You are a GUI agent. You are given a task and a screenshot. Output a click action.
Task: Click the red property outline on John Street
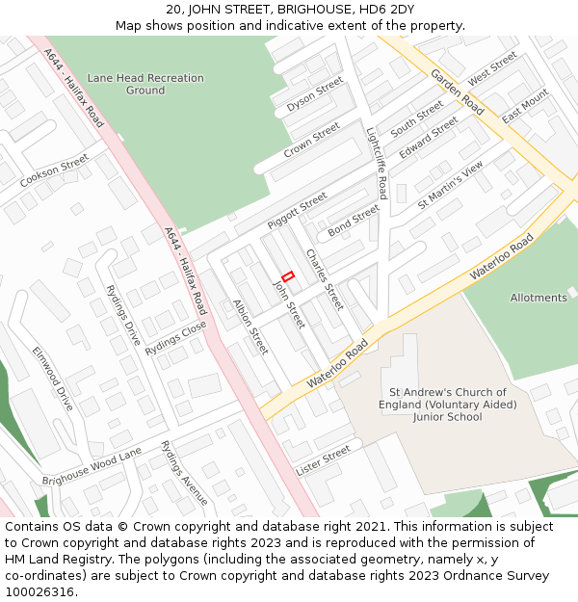point(287,276)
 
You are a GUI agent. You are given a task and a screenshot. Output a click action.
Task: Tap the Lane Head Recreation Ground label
point(145,84)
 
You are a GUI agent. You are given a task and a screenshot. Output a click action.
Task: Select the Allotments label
point(539,298)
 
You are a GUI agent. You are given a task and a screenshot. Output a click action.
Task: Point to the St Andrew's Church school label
point(447,405)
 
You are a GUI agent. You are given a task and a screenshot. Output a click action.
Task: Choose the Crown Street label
point(311,141)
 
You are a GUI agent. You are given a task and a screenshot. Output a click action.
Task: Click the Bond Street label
point(354,222)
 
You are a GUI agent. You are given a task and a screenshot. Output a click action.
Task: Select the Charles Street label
point(324,279)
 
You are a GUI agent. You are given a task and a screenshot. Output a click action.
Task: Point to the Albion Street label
point(250,326)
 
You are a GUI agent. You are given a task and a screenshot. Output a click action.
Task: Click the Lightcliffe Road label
point(377,164)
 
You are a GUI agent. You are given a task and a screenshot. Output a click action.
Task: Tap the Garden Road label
point(458,92)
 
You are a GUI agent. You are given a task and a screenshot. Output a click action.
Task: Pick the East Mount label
point(525,106)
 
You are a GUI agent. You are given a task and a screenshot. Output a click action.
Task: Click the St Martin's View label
point(450,186)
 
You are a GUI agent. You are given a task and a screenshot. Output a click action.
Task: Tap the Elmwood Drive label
point(52,380)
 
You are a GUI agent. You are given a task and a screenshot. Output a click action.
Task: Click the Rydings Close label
point(176,340)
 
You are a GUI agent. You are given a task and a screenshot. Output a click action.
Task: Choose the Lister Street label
point(324,460)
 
